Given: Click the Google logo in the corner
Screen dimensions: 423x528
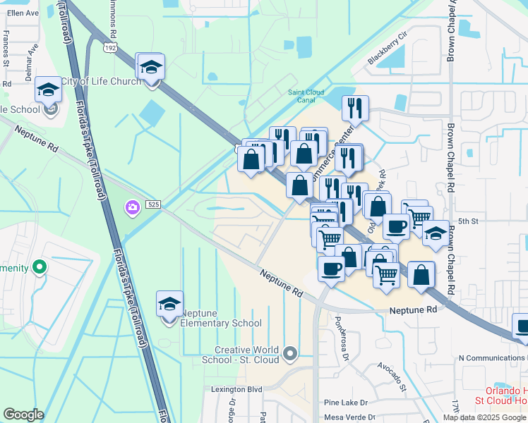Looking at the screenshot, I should coord(24,415).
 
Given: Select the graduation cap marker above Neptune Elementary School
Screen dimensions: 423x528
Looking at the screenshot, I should coord(169,305).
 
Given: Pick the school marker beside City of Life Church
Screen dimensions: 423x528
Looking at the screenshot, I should coord(150,68).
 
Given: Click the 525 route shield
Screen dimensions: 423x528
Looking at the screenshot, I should coord(153,204).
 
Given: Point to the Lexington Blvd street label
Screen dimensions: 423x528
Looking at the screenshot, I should coord(236,388).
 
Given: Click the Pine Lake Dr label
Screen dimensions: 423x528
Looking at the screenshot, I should coord(346,403).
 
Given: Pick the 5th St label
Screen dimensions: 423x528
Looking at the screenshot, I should coord(468,221).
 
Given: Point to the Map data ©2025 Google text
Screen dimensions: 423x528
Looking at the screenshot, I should coord(485,417).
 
